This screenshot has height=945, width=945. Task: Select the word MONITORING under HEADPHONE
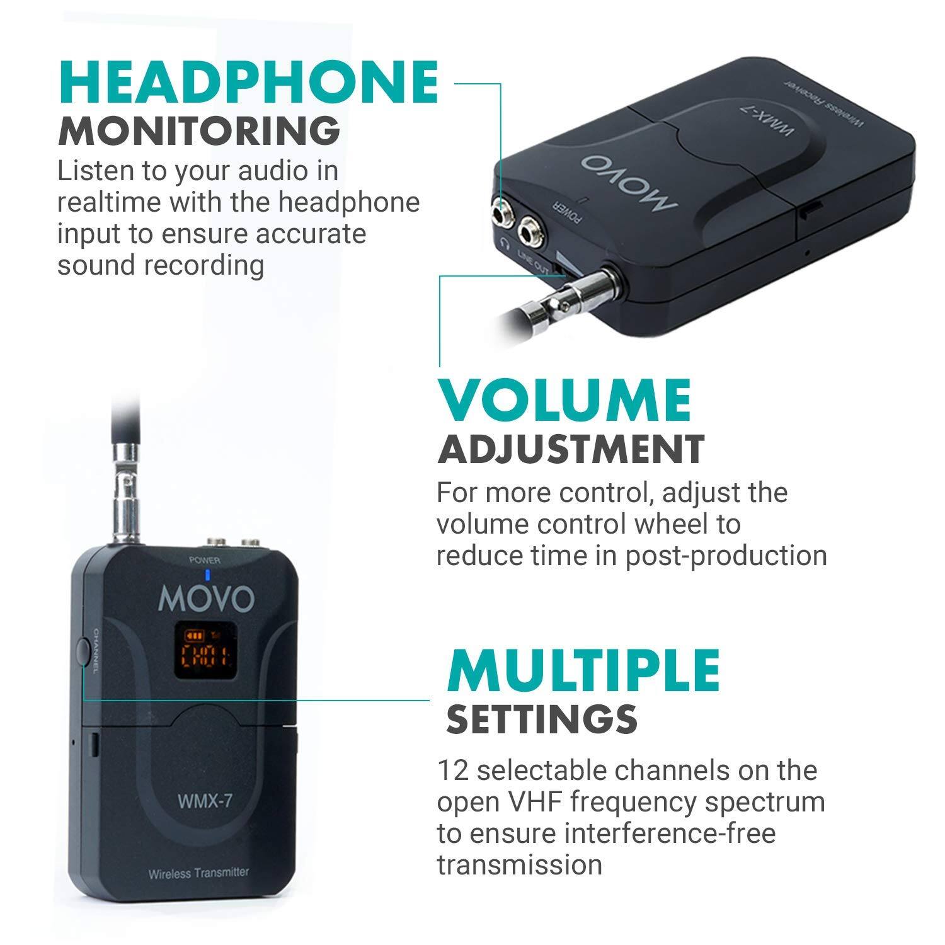(199, 130)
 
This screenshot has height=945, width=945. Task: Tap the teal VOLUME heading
(564, 401)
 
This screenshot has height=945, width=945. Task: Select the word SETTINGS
(542, 718)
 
